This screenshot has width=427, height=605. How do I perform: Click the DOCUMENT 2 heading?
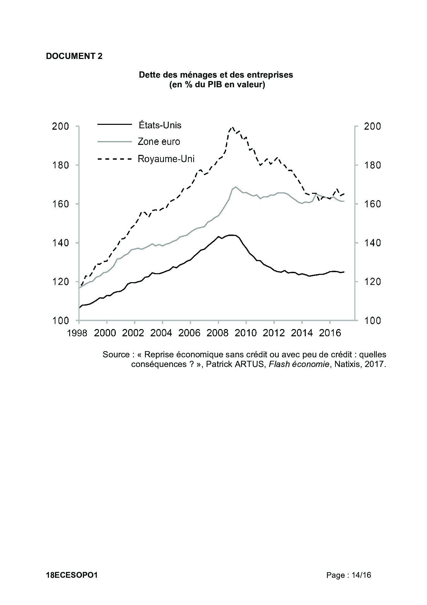click(74, 56)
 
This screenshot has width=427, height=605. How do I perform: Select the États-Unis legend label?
click(159, 125)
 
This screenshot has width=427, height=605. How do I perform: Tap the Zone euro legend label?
click(159, 141)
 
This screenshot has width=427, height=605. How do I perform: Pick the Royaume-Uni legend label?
click(166, 159)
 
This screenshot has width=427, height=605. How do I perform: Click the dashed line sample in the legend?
click(115, 159)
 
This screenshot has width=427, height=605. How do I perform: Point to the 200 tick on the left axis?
click(61, 126)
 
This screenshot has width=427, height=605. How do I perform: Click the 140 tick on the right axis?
click(373, 243)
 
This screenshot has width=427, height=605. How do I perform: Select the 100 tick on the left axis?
click(61, 321)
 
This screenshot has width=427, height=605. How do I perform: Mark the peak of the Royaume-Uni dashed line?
click(232, 127)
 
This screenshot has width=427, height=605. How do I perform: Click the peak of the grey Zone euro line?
click(236, 187)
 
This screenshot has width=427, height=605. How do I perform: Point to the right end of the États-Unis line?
click(344, 272)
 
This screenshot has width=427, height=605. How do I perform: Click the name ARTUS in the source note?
click(250, 364)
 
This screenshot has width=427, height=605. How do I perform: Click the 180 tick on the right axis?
click(373, 165)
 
